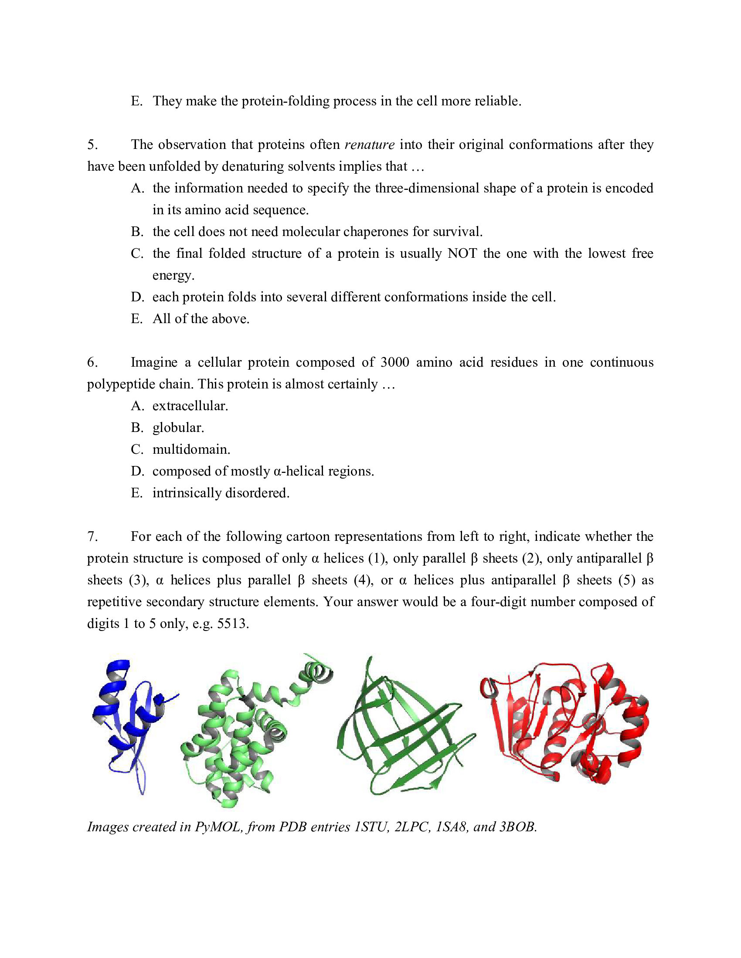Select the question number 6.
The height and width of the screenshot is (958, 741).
[x=92, y=362]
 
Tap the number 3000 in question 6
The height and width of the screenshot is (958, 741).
[x=394, y=362]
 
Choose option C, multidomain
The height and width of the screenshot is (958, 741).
[x=191, y=449]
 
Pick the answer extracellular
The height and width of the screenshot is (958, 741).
[x=190, y=406]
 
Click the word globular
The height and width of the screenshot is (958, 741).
[x=178, y=428]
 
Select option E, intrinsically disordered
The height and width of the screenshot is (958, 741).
[x=221, y=492]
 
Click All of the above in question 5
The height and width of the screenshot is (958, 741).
[x=201, y=318]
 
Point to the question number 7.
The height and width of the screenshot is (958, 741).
[x=92, y=536]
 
